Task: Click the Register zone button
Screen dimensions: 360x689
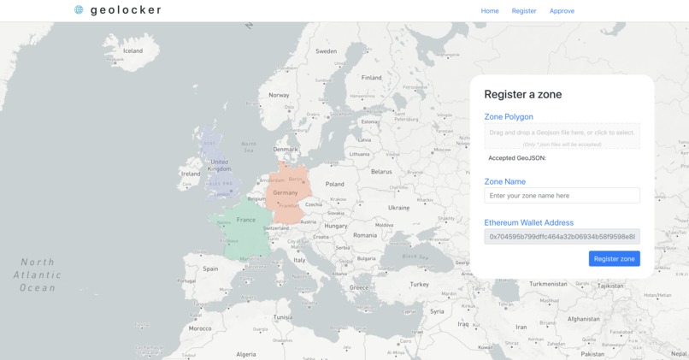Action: click(614, 258)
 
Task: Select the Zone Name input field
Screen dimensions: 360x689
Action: click(562, 196)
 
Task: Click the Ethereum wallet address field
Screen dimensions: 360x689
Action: click(562, 236)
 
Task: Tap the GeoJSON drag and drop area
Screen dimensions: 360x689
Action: click(562, 136)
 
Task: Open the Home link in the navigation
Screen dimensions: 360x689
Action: click(490, 11)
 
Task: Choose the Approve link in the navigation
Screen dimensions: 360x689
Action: click(562, 11)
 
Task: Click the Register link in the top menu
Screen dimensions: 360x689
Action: click(524, 11)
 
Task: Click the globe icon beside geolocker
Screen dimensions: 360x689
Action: click(79, 10)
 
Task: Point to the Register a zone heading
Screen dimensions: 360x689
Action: click(522, 94)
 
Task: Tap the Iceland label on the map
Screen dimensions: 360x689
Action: click(132, 51)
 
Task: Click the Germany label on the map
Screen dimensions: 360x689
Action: click(286, 193)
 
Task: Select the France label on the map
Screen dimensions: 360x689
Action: click(246, 220)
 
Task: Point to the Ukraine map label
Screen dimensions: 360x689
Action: click(398, 208)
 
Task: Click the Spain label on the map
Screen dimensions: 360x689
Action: click(210, 269)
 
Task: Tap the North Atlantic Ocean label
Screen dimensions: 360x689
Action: click(38, 274)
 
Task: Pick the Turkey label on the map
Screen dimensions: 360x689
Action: click(419, 284)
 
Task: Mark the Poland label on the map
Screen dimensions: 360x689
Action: click(334, 184)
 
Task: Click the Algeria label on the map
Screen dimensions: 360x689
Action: click(245, 354)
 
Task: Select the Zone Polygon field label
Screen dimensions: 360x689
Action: click(509, 117)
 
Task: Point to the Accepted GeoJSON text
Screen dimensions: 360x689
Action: click(516, 158)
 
